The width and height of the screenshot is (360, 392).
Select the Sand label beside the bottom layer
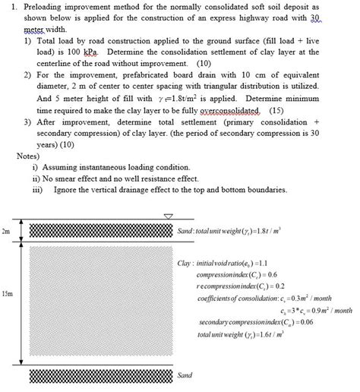pos(185,375)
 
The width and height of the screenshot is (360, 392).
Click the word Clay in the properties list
pos(184,263)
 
